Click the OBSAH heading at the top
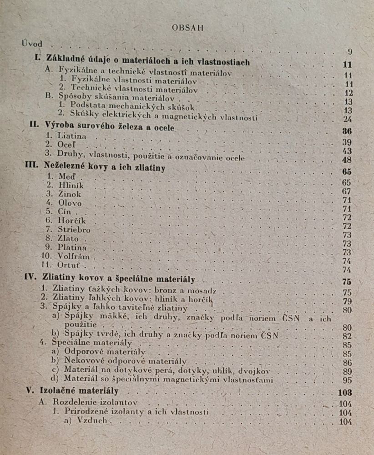(x=187, y=27)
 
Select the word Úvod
(x=32, y=44)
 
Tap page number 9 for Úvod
(x=349, y=51)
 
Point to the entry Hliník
(x=71, y=185)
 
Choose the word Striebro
(x=74, y=230)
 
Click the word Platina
(x=72, y=248)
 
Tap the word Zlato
(x=68, y=238)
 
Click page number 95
(x=348, y=380)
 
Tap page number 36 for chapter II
(x=348, y=132)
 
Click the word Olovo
(x=70, y=203)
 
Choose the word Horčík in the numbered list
(x=72, y=221)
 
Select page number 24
(x=348, y=119)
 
